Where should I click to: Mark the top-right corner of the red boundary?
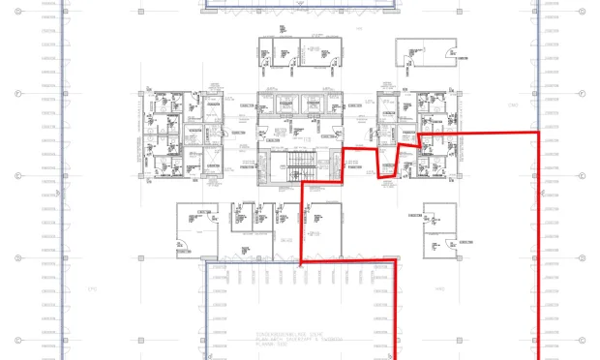[538, 132]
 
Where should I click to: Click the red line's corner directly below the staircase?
[305, 181]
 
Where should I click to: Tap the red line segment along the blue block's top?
[348, 261]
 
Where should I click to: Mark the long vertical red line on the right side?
[538, 242]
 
